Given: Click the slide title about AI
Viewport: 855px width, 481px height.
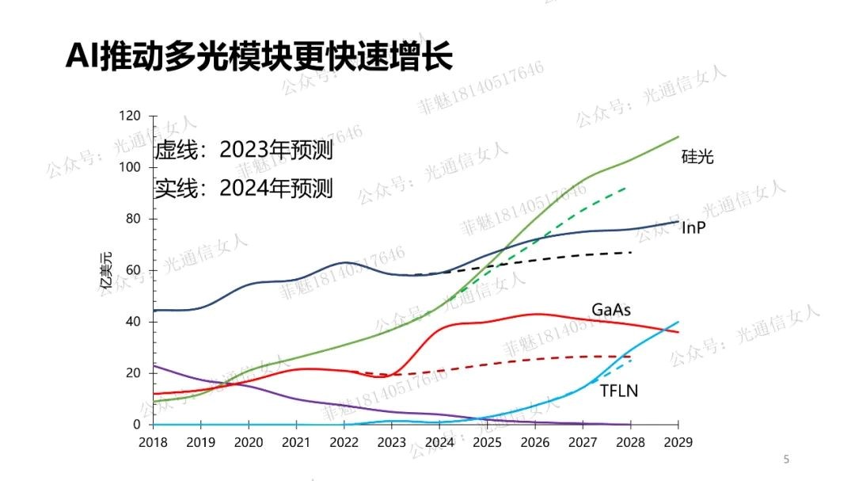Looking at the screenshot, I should [x=259, y=57].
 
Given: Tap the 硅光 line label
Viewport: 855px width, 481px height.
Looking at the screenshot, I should [x=697, y=156].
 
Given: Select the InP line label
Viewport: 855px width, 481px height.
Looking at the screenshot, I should [x=693, y=228].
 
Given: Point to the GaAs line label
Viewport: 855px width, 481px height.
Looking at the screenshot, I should [x=611, y=309].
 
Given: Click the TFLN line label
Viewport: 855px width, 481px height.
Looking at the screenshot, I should [x=618, y=391].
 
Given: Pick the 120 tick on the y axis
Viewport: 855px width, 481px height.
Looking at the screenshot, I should [x=129, y=116].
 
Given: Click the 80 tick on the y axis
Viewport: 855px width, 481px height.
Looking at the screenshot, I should [x=132, y=219].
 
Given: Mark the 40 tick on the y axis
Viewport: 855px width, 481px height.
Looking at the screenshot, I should [x=132, y=322].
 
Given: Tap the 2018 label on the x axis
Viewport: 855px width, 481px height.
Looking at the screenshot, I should [x=154, y=441].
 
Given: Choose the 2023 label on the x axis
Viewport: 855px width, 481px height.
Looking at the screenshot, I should [x=393, y=441].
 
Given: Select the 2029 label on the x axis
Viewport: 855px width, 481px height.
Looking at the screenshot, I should [x=678, y=441].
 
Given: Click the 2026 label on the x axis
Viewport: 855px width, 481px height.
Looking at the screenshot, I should [x=535, y=441].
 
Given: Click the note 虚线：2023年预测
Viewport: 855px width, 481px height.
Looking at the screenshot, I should [x=243, y=150].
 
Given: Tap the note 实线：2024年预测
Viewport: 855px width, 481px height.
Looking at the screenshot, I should [x=243, y=188].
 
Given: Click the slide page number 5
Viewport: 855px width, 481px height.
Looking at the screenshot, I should [x=786, y=459].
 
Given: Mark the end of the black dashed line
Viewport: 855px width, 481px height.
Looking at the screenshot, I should [x=631, y=252].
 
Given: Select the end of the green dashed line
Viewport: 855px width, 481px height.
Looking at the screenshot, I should [x=627, y=187].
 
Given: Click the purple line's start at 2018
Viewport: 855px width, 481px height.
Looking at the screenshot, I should [x=154, y=365].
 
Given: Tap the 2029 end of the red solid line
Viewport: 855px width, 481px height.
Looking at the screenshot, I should [x=678, y=331].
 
